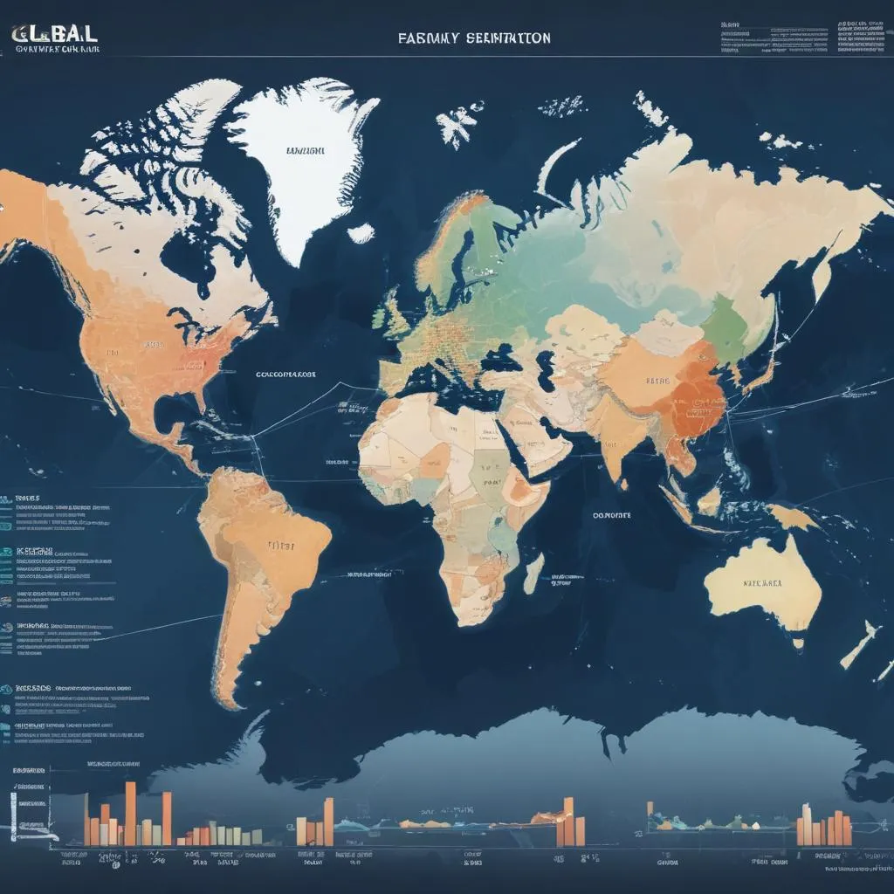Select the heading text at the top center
tap(474, 38)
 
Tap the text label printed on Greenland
tap(306, 150)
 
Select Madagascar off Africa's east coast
tap(534, 573)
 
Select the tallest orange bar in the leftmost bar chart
tap(130, 813)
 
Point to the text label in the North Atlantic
tap(285, 373)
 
